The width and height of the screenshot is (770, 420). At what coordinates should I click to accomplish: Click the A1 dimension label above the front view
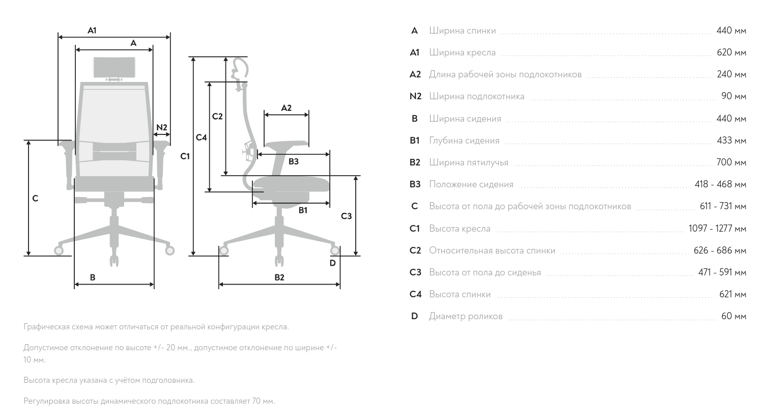[92, 31]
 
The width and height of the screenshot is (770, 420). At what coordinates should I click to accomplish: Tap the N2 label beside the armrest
[161, 127]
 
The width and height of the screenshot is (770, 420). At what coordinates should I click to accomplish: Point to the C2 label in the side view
[217, 117]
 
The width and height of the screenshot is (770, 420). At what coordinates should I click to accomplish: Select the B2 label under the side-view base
[279, 277]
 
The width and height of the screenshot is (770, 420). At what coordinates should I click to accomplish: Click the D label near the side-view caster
[332, 263]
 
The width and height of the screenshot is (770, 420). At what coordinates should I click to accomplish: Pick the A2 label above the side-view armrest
[286, 108]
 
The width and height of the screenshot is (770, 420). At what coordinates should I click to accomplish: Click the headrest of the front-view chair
[115, 67]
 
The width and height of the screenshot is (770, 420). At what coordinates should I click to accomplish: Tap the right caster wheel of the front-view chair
[169, 250]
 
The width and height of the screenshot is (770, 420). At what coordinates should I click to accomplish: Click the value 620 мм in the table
[731, 52]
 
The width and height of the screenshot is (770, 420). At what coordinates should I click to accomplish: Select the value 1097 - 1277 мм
[717, 229]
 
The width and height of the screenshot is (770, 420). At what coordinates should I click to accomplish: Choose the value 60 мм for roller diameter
[733, 316]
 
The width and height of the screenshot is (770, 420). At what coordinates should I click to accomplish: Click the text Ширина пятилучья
[468, 162]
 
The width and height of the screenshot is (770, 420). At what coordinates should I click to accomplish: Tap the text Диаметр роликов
[465, 316]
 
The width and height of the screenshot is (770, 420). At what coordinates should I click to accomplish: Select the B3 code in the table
[415, 184]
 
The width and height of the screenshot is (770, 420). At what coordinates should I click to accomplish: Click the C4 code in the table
[415, 294]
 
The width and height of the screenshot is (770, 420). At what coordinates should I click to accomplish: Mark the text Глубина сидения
[464, 141]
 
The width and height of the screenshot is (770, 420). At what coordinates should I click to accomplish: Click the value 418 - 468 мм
[720, 184]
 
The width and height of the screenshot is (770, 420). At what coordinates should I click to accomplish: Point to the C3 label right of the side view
[346, 216]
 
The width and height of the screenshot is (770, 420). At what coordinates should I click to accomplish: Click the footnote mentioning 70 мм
[149, 401]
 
